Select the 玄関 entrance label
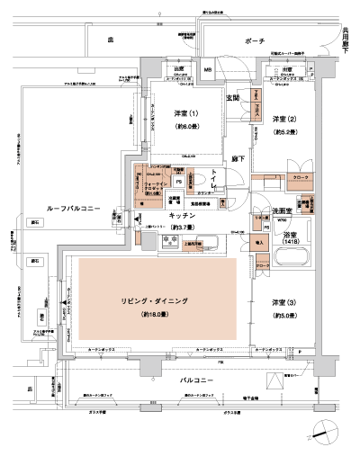[232, 97]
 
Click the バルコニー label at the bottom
[191, 380]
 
